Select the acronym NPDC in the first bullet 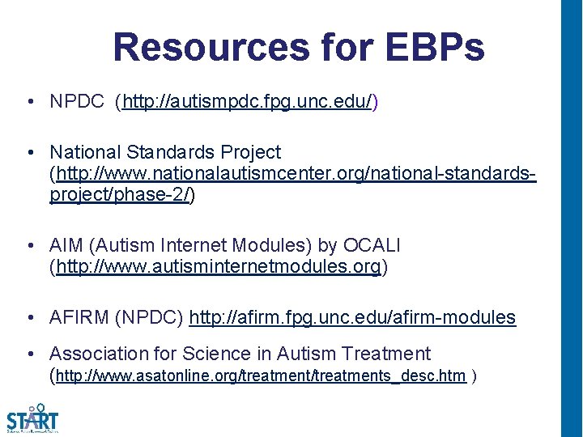(x=77, y=102)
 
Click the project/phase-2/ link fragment (x=119, y=194)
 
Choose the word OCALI (x=372, y=245)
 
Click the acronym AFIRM (x=78, y=317)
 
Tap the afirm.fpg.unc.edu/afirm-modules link (x=352, y=317)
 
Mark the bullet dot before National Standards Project (x=29, y=152)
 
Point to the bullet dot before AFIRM (x=29, y=317)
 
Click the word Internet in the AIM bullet (x=181, y=245)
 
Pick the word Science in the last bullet (x=217, y=354)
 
